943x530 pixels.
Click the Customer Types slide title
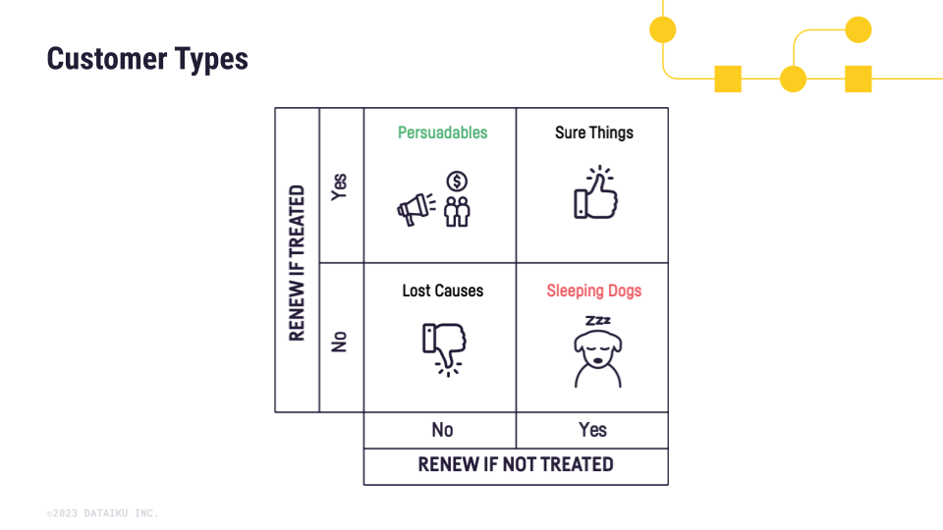pyautogui.click(x=147, y=59)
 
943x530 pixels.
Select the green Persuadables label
pyautogui.click(x=442, y=132)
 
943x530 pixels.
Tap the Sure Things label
pyautogui.click(x=593, y=132)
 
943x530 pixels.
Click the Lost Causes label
pyautogui.click(x=442, y=291)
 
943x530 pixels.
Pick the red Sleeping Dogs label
pyautogui.click(x=593, y=291)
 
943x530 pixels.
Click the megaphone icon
pyautogui.click(x=415, y=208)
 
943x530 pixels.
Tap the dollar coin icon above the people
pyautogui.click(x=457, y=182)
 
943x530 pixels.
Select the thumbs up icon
pyautogui.click(x=595, y=193)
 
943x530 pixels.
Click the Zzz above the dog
pyautogui.click(x=597, y=321)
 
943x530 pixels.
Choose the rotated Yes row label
pyautogui.click(x=340, y=186)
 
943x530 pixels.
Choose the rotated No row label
pyautogui.click(x=340, y=342)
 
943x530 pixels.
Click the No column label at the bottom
pyautogui.click(x=442, y=430)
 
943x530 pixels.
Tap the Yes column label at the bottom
pyautogui.click(x=592, y=430)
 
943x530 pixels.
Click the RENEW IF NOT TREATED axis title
pyautogui.click(x=516, y=465)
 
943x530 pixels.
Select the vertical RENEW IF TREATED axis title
pyautogui.click(x=297, y=262)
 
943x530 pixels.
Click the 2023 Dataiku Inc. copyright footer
pyautogui.click(x=102, y=513)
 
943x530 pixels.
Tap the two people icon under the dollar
pyautogui.click(x=457, y=211)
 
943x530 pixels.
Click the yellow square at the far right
pyautogui.click(x=859, y=79)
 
